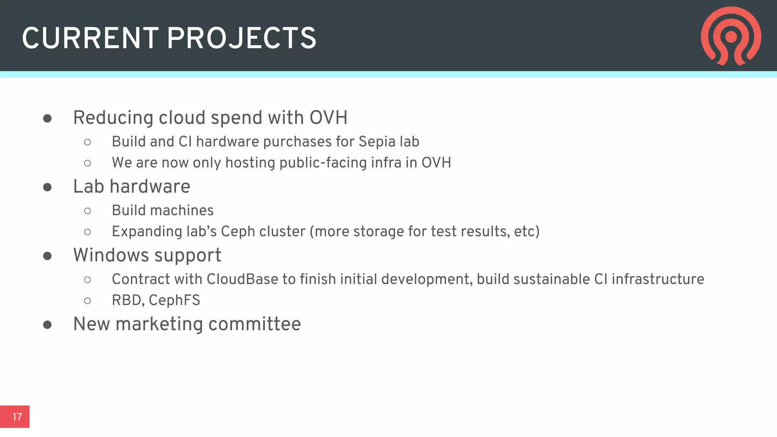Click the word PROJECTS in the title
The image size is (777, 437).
[x=241, y=38]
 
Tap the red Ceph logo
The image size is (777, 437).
[x=731, y=36]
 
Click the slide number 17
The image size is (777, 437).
[x=17, y=417]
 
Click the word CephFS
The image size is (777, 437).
[x=174, y=300]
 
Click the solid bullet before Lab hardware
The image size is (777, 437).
[x=47, y=187]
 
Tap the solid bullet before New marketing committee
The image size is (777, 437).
[x=47, y=325]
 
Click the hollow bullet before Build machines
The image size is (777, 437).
[x=88, y=211]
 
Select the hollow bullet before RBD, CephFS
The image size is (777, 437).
[x=88, y=301]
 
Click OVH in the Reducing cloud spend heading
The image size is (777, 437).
[x=328, y=118]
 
